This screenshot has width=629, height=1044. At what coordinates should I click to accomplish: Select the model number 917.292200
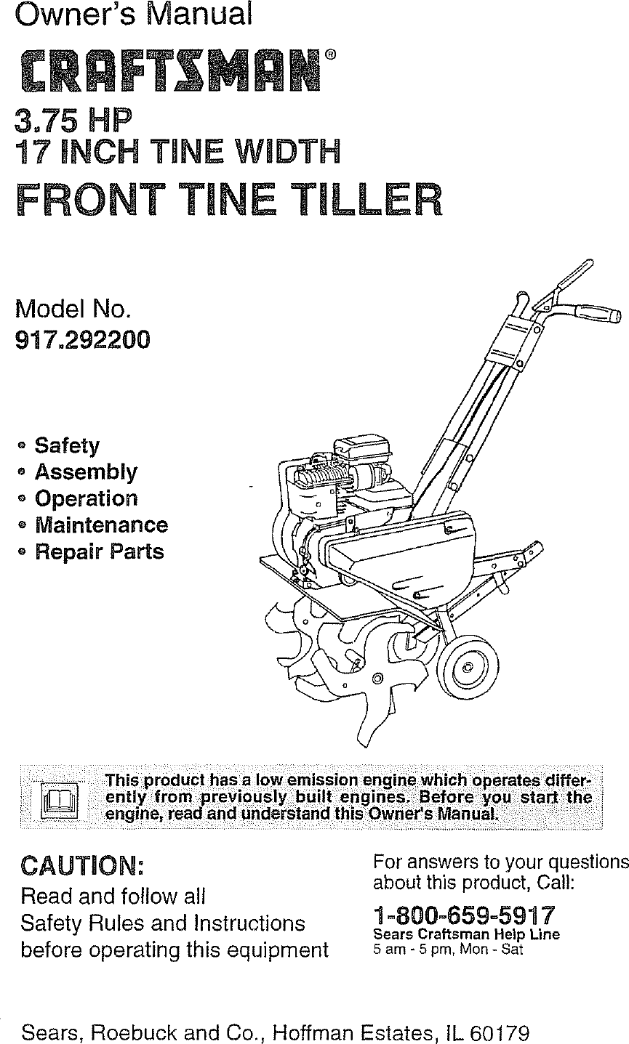point(84,340)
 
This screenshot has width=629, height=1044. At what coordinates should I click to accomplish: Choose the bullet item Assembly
point(85,472)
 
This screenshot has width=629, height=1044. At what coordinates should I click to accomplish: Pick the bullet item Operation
point(86,498)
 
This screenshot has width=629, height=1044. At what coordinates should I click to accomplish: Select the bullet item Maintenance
point(100,525)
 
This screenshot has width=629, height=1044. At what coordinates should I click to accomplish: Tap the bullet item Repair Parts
point(99,551)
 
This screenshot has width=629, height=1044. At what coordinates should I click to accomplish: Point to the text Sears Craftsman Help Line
point(466,935)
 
